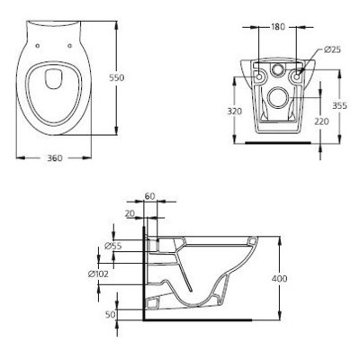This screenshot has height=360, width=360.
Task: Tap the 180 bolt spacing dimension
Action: (x=278, y=27)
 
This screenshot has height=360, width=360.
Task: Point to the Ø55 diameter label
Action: (x=113, y=245)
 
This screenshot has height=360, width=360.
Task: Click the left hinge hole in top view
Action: (x=40, y=37)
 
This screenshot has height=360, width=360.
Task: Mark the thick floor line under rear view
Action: (x=278, y=142)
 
